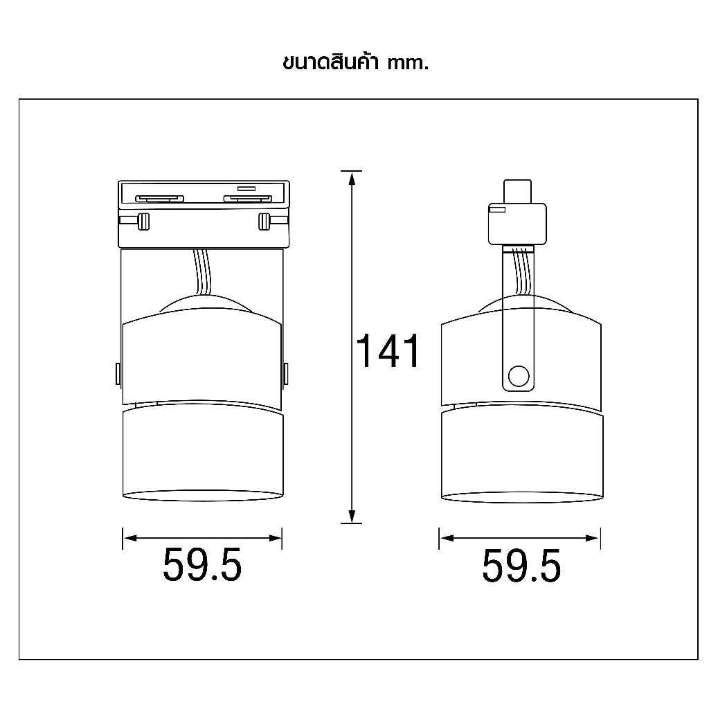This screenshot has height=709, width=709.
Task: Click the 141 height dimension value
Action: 388,350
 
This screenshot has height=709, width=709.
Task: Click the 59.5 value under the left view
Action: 202,564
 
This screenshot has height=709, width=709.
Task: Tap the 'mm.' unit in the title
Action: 407,63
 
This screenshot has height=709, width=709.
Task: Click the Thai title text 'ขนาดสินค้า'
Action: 330,62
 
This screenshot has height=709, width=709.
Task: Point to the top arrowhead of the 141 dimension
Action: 351,178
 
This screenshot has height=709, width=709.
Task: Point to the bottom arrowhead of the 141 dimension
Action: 351,516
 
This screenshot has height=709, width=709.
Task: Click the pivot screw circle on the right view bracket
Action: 518,376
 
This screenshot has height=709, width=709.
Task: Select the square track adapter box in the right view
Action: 517,224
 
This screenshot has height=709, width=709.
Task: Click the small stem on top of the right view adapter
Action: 518,192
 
